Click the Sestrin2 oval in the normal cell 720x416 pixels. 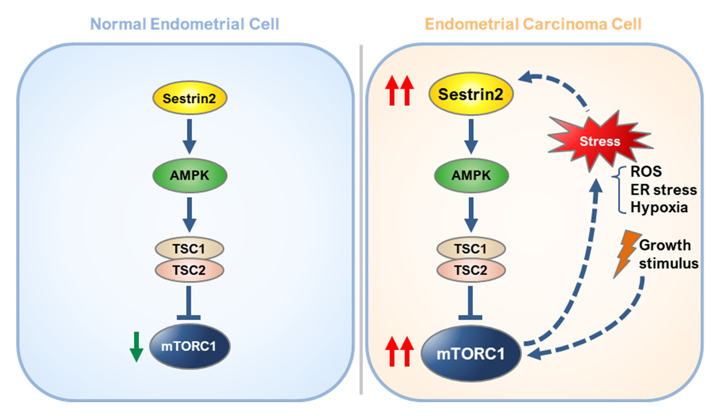tap(189, 98)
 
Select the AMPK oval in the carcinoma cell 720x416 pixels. tap(471, 175)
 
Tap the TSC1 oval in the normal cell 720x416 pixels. tap(189, 249)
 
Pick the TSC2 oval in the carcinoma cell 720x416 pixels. tap(471, 270)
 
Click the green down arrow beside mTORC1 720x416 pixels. tap(136, 346)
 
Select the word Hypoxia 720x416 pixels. tap(659, 207)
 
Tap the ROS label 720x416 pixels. tap(646, 171)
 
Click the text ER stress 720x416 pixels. tap(663, 189)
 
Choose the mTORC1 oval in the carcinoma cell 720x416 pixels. tap(470, 354)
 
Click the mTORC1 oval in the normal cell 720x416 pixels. tap(189, 346)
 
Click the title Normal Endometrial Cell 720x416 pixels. tap(184, 24)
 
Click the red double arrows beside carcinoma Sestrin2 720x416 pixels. tap(400, 91)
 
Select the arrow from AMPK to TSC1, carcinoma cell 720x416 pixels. tap(471, 215)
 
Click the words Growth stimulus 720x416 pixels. tap(668, 254)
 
